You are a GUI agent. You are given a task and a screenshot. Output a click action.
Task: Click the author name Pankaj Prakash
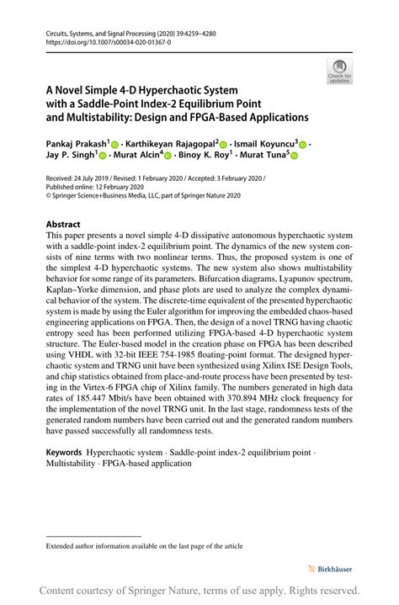(x=75, y=144)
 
